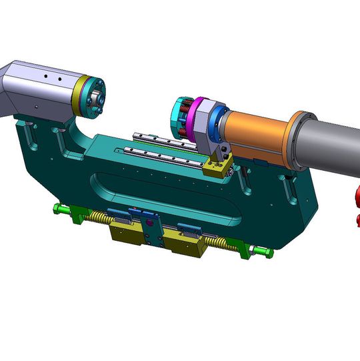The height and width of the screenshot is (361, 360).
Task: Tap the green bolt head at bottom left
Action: point(61,210)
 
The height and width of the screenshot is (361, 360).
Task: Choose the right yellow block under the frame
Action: point(188,246)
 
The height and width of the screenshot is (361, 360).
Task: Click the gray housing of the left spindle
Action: point(40,87)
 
